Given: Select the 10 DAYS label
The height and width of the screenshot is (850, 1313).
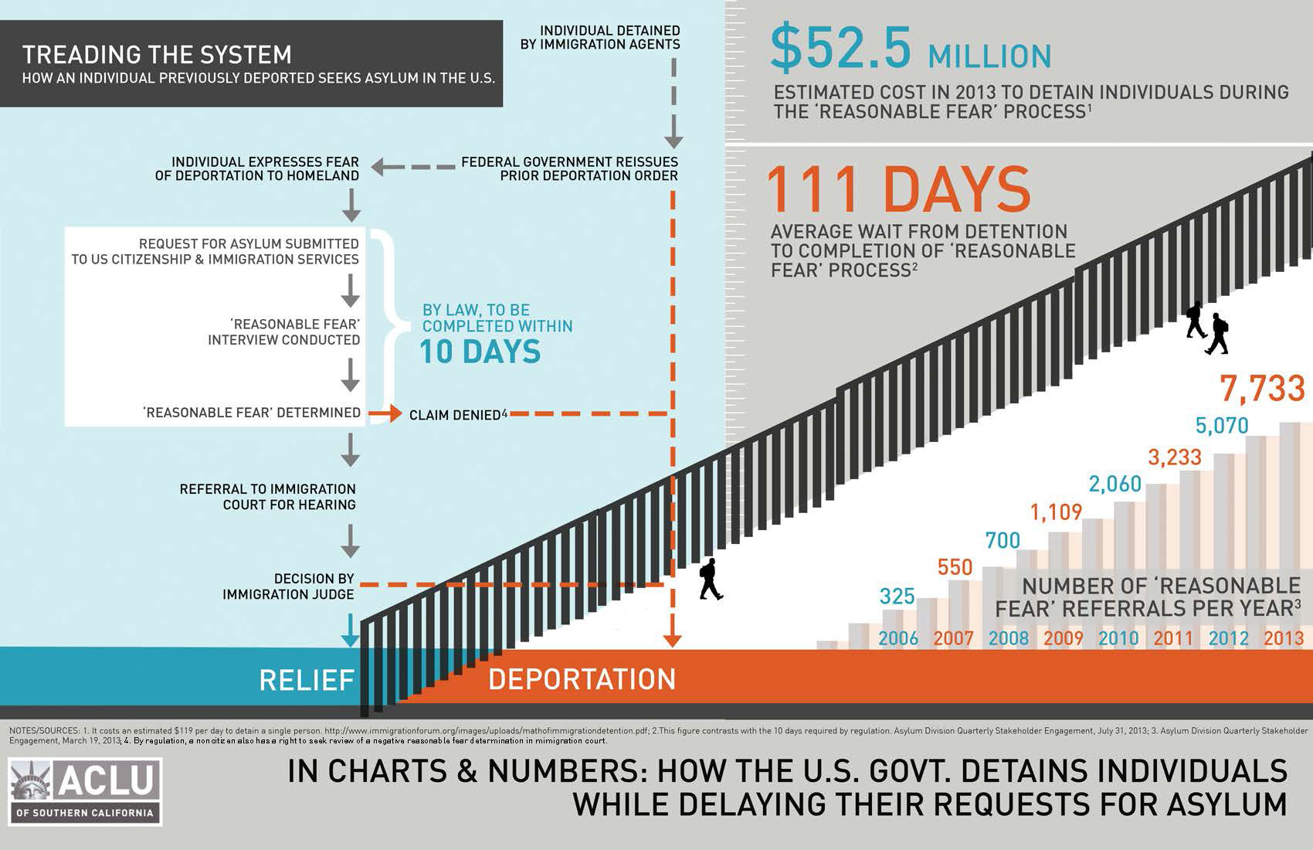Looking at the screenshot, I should pos(480,352).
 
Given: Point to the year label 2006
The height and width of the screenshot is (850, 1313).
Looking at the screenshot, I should pos(898,638).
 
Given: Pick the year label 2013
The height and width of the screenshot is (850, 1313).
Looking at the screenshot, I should pos(1284,638).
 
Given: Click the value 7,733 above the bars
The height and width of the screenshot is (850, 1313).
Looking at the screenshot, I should pos(1262,389).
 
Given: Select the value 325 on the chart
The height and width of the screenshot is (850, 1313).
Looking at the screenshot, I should pos(897,596).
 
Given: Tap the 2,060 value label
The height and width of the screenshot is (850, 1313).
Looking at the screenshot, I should pos(1115,484).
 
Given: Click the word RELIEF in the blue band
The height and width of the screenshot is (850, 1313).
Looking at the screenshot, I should pos(307,680).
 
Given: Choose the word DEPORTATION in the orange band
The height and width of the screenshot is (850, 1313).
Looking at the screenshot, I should pos(582,679).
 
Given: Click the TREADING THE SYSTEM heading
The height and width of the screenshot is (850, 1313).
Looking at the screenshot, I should pos(157,55).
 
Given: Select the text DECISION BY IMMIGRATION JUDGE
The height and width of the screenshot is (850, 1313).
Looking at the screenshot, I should pos(288,586).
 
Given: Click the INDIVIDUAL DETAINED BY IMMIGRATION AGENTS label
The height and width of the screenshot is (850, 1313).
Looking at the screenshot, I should pos(600,37).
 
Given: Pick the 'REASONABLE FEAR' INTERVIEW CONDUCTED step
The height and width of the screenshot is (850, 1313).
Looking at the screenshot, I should pos(284,331).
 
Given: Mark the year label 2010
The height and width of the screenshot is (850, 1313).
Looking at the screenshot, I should pos(1118,638).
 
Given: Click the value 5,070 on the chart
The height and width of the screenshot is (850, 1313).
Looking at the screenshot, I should pos(1221,426).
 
